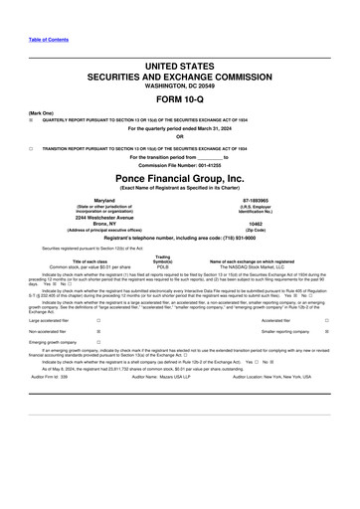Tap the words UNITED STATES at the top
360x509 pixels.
(x=179, y=65)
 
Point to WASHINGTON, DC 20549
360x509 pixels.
(x=179, y=85)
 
